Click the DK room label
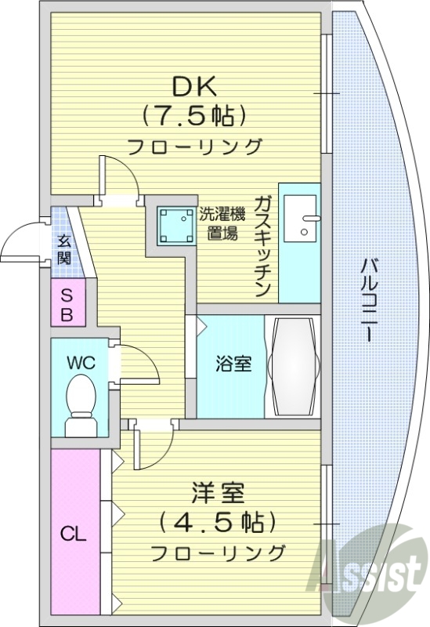[x=193, y=85]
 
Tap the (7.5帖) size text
[x=193, y=116]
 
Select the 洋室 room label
[x=218, y=494]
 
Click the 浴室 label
[x=233, y=364]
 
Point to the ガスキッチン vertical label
[x=263, y=244]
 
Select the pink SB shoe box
[x=67, y=306]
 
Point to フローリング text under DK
[x=193, y=146]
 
